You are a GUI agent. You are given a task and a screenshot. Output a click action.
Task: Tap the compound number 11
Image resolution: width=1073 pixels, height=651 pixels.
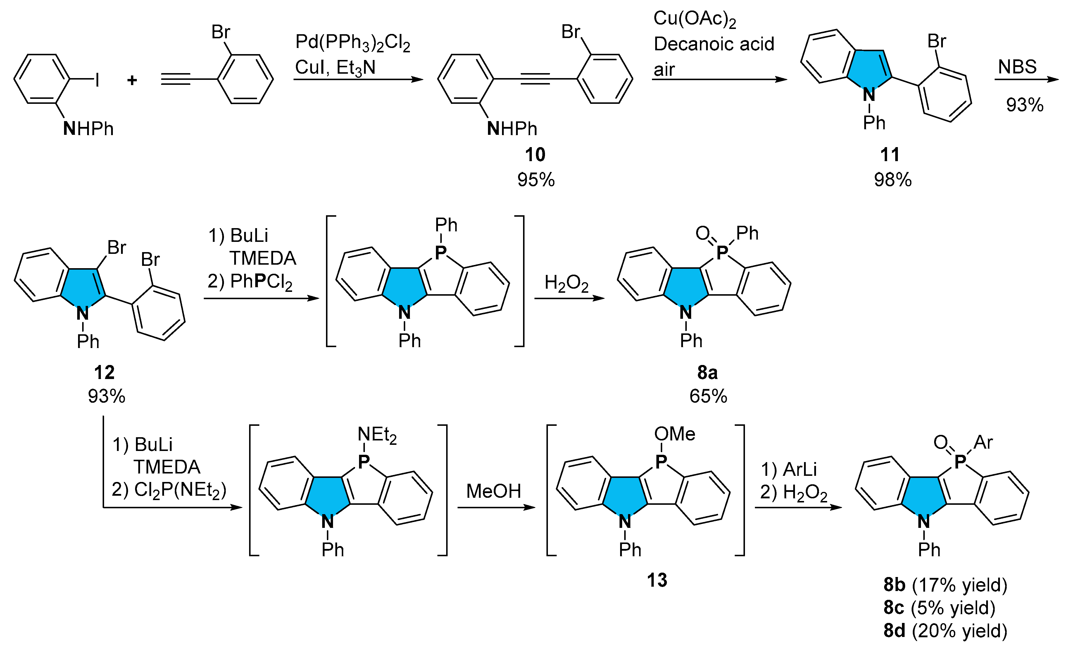coord(890,155)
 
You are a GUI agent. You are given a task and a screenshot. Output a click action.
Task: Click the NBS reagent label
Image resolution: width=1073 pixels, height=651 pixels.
coord(1017,67)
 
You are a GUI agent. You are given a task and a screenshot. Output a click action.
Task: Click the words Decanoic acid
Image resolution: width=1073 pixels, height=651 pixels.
coord(714,44)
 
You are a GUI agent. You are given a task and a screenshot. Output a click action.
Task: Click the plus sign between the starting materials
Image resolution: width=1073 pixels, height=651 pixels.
coord(132,80)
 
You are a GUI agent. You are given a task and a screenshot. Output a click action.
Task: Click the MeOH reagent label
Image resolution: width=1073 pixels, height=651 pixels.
coord(494,491)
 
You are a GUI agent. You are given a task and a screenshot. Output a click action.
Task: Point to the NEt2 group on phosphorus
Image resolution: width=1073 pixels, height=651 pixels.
coord(377,435)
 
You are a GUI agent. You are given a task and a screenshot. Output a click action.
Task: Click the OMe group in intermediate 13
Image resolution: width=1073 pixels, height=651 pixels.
coord(674,434)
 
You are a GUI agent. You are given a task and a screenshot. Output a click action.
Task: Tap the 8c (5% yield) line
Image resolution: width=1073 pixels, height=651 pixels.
coord(939,607)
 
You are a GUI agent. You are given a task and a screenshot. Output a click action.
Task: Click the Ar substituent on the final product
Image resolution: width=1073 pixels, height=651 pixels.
coord(983,443)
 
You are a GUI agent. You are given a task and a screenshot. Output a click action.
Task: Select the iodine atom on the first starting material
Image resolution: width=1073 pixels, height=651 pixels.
coord(98,80)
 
